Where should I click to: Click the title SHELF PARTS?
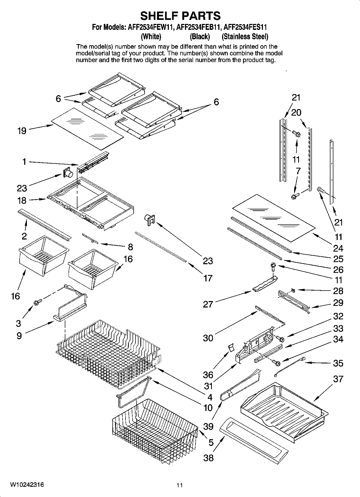pos(180,16)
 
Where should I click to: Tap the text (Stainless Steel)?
pos(245,36)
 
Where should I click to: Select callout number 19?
pos(22,131)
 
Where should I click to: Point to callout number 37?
pos(338,379)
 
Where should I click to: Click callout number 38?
pos(208,457)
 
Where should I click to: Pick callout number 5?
pos(211,442)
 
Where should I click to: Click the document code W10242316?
pos(27,485)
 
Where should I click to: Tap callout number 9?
pos(19,336)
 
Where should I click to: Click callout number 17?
pos(208,278)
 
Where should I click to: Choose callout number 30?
pos(208,338)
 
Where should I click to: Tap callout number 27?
pos(208,304)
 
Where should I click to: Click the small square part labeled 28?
pos(293,290)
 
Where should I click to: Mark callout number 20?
pos(296,112)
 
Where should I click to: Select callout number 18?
pos(22,200)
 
